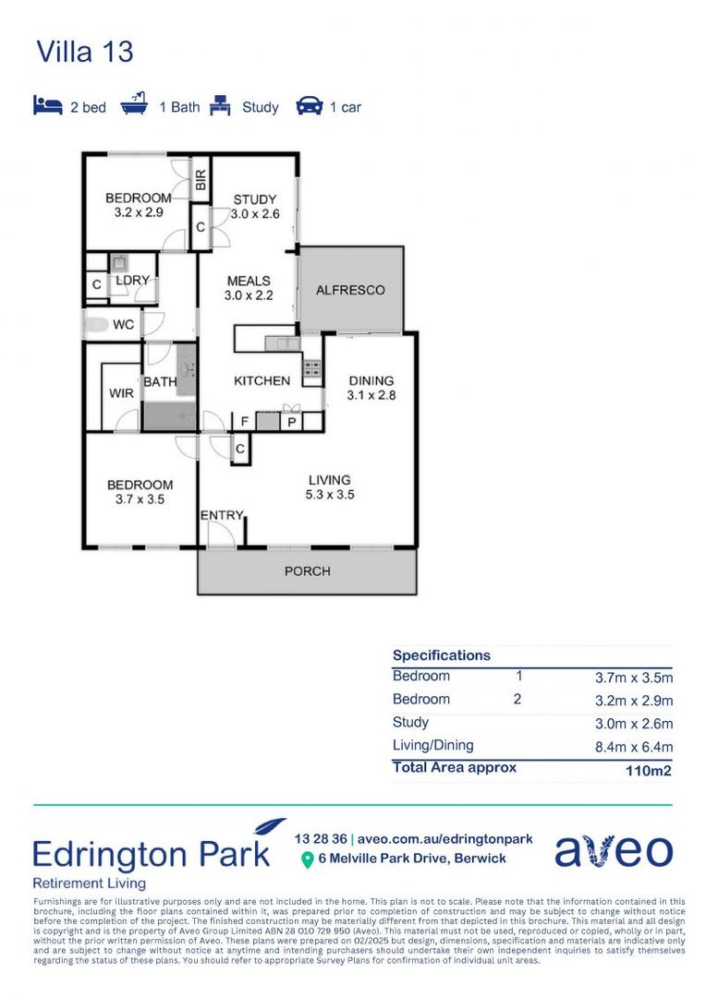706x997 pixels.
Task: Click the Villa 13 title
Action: (84, 52)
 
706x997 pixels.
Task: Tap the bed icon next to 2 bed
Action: (48, 105)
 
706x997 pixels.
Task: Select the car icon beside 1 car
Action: (309, 106)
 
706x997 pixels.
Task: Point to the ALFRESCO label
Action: (350, 290)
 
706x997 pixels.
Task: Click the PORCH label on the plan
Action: (307, 571)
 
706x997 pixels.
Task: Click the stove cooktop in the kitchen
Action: (312, 369)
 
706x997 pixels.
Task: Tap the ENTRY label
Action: (222, 515)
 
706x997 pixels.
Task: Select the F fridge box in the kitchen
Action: (244, 421)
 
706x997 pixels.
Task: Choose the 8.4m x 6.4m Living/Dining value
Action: (633, 747)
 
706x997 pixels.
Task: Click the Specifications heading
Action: (441, 655)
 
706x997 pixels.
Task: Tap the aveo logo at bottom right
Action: (614, 851)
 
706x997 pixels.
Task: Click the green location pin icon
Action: (307, 859)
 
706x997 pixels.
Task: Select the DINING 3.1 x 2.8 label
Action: (371, 388)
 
